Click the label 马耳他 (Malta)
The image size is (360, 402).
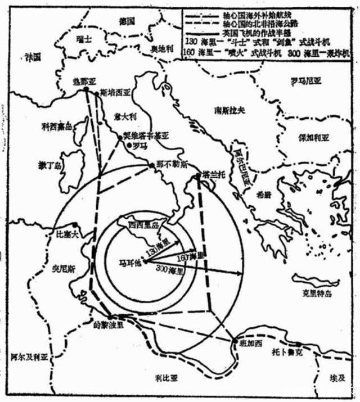[129, 262]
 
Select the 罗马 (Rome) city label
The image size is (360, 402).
[137, 145]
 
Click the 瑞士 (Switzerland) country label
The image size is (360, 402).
[85, 39]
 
